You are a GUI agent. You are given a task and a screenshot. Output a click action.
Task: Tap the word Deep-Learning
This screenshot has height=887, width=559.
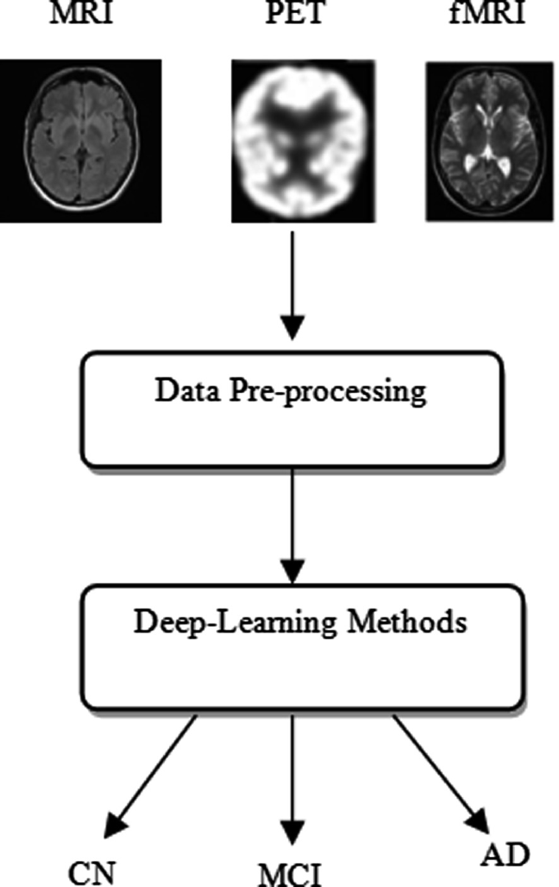(210, 623)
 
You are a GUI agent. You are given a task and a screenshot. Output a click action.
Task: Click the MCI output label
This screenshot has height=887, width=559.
(291, 873)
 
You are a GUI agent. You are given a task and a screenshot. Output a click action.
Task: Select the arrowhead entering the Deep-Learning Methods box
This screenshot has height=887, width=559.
(291, 569)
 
